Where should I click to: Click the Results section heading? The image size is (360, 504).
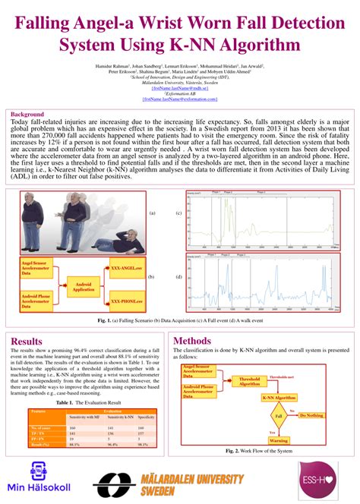27,342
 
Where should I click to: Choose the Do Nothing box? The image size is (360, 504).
311,416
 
